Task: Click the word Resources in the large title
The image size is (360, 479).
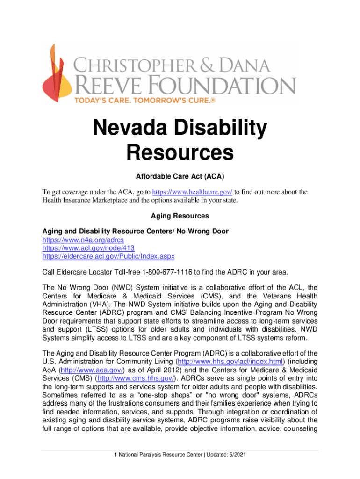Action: tap(180, 152)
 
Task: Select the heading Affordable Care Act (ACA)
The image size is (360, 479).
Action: tap(180, 176)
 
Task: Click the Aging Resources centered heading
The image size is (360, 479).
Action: tap(180, 216)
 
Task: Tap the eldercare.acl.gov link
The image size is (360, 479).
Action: tap(108, 256)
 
